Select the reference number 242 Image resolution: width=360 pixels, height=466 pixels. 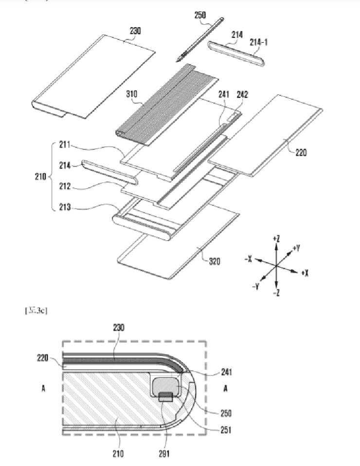click(x=242, y=95)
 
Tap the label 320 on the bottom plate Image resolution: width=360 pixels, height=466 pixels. click(x=214, y=261)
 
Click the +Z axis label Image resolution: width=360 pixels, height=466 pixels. click(x=276, y=238)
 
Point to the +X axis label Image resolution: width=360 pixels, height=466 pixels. click(x=305, y=273)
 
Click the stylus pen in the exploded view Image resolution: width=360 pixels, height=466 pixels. click(x=200, y=39)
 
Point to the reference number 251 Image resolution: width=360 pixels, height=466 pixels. click(x=225, y=430)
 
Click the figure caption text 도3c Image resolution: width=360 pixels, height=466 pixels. click(x=36, y=309)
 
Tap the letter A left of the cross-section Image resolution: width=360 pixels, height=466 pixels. click(x=43, y=389)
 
